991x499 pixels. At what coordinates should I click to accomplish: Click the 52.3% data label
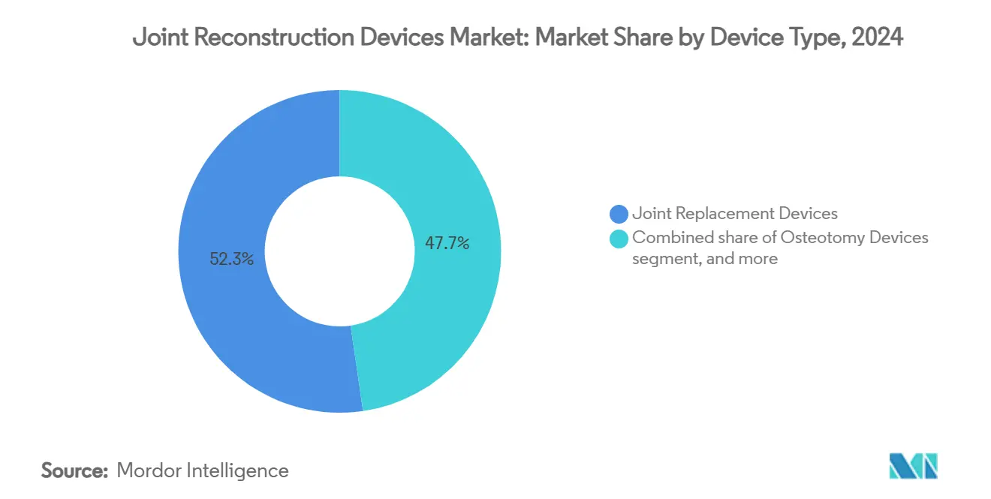(232, 260)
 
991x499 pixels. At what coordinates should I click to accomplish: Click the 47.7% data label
(447, 243)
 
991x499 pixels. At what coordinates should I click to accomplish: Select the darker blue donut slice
(225, 323)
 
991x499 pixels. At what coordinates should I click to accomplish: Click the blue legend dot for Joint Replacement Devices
(619, 215)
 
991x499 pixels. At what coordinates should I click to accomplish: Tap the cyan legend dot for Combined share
(619, 239)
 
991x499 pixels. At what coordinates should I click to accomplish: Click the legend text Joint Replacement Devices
(734, 214)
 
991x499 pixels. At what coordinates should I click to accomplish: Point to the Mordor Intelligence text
(203, 470)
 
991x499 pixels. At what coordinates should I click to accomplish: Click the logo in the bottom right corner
(913, 467)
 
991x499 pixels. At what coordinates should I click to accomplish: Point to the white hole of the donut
(340, 251)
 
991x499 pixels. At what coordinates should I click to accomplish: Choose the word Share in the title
(641, 38)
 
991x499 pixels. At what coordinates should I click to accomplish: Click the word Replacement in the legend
(718, 214)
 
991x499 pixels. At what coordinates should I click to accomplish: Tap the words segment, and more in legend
(704, 260)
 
